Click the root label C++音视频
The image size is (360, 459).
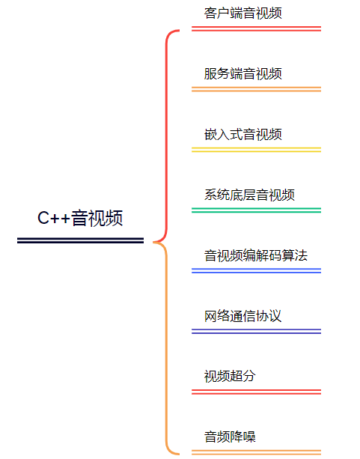[x=80, y=218]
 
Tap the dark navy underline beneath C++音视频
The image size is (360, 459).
[x=81, y=240]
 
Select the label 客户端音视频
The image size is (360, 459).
[x=243, y=13]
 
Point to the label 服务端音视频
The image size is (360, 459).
[x=243, y=73]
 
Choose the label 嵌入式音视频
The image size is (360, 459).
[x=243, y=134]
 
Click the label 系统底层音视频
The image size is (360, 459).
[x=249, y=195]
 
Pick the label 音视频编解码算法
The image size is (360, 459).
[x=256, y=255]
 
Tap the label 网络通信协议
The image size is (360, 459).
[x=243, y=316]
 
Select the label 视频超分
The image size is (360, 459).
[x=230, y=377]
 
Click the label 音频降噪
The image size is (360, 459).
[x=230, y=437]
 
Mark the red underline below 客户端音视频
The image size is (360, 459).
[x=257, y=28]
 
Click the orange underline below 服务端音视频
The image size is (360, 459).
[x=257, y=89]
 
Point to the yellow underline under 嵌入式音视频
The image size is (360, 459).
[x=257, y=150]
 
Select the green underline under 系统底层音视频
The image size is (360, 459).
[x=257, y=210]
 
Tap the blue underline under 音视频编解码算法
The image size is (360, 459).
[x=257, y=271]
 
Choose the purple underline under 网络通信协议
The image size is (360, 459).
[x=257, y=332]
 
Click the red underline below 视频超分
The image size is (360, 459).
[x=257, y=392]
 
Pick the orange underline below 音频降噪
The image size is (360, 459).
[x=257, y=452]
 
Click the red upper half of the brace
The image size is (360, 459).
[x=167, y=135]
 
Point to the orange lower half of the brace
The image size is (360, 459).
[x=167, y=348]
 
